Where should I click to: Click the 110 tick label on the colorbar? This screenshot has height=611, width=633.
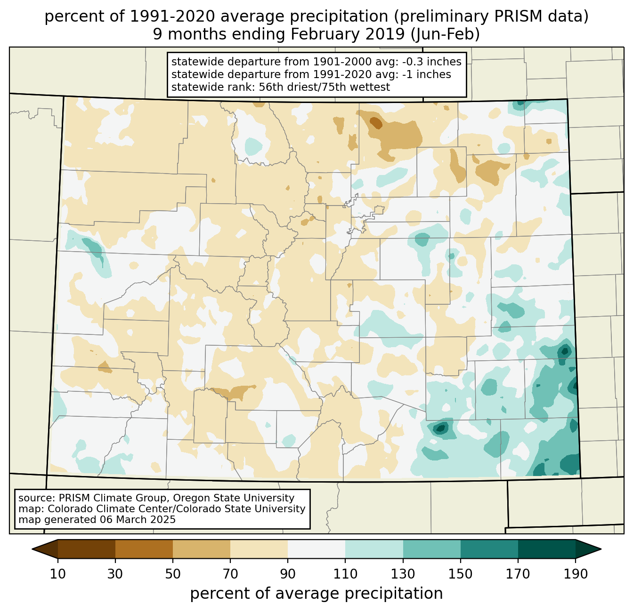pos(345,574)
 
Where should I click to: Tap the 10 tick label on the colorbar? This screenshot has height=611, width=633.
pos(58,574)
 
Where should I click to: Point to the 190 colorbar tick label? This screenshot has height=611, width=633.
pos(576,574)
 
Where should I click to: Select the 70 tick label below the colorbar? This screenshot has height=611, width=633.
pos(230,574)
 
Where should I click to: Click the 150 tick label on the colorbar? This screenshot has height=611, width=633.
pos(461,574)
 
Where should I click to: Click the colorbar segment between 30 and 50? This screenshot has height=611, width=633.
pos(144,549)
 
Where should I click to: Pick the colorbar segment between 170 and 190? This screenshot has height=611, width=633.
pos(547,549)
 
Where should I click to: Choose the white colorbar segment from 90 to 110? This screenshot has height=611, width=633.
pos(316,549)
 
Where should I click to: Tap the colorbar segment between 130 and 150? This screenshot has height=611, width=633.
pos(432,549)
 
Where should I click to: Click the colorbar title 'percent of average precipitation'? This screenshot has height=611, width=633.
pos(316,594)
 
